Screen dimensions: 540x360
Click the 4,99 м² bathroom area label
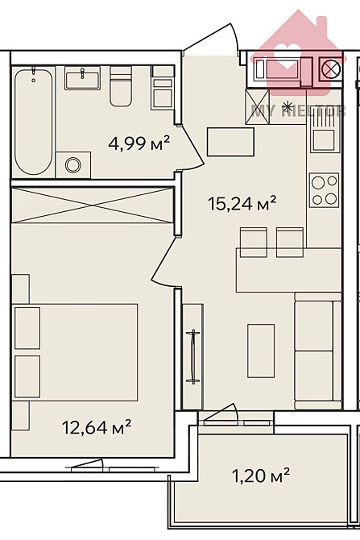(139, 143)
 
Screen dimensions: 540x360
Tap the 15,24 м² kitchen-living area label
(242, 203)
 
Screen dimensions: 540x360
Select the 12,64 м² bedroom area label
(96, 425)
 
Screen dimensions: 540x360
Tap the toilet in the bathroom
(121, 87)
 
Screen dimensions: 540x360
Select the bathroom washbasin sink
(81, 79)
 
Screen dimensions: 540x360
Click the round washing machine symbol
(74, 165)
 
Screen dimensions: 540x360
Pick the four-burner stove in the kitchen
(325, 190)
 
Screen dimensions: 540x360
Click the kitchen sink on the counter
(324, 138)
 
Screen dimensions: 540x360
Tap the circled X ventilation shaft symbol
(329, 69)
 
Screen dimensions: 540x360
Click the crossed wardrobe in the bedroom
(92, 206)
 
